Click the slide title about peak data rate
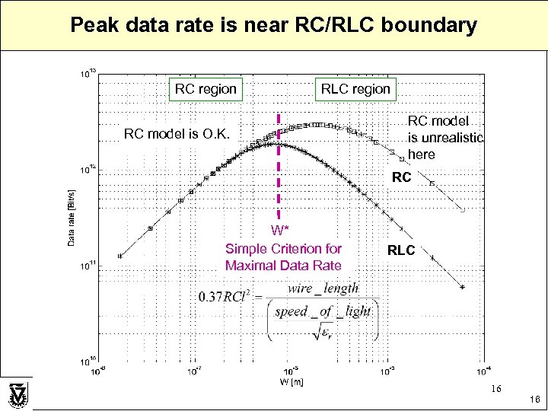(x=273, y=25)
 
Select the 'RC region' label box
(x=205, y=89)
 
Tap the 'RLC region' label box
(x=355, y=89)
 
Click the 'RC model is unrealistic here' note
(x=444, y=138)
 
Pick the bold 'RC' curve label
(x=401, y=177)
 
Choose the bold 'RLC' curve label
(x=401, y=249)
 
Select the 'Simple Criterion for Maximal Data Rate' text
(x=283, y=257)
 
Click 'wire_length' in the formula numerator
(x=323, y=288)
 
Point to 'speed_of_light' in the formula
(x=323, y=311)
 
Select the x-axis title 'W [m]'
(x=292, y=381)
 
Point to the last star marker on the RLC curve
(x=462, y=287)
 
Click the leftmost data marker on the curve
(x=119, y=256)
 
